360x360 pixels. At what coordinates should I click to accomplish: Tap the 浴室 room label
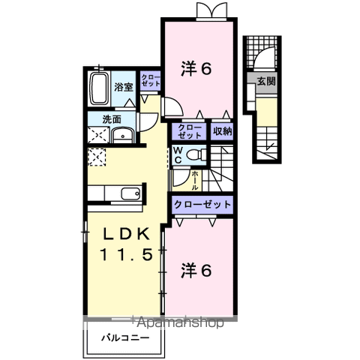pos(124,87)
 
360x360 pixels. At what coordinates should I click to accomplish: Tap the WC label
pos(178,155)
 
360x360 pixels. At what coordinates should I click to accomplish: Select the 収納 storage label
pos(221,132)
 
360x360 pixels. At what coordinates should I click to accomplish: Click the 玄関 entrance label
pos(265,80)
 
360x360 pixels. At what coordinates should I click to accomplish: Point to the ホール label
pos(194,181)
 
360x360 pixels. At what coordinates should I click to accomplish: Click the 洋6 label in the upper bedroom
pos(197,69)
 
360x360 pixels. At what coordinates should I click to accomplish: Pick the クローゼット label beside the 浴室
pos(150,81)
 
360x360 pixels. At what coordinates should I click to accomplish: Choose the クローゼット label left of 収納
pos(190,132)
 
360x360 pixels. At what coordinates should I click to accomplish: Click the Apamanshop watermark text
pos(180,323)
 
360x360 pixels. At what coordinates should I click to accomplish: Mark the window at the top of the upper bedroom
pos(206,10)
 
